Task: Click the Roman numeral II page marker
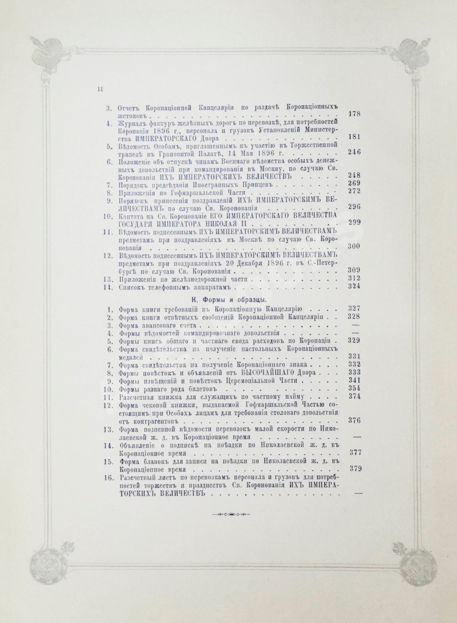tap(100, 89)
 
